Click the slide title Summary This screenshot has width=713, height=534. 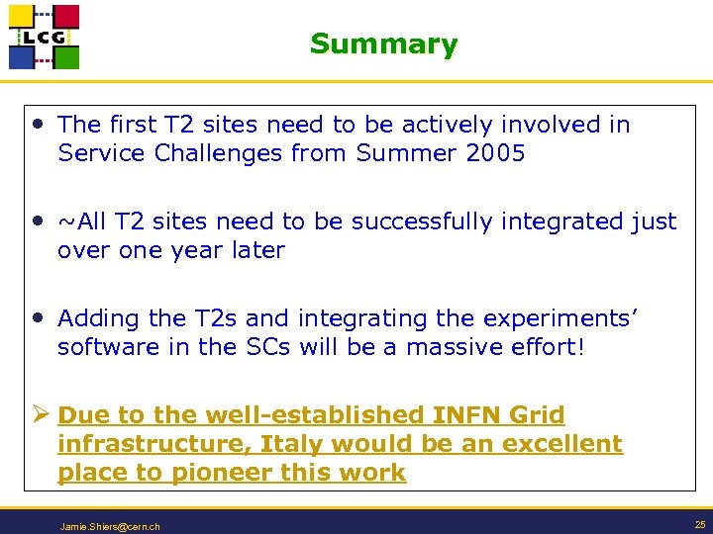(383, 44)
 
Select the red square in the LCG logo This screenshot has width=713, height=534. (65, 17)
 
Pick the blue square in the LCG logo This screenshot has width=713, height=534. (23, 56)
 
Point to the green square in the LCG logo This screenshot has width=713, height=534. (65, 56)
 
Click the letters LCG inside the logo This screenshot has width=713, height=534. (44, 38)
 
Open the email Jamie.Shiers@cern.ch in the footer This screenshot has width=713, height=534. (110, 526)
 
